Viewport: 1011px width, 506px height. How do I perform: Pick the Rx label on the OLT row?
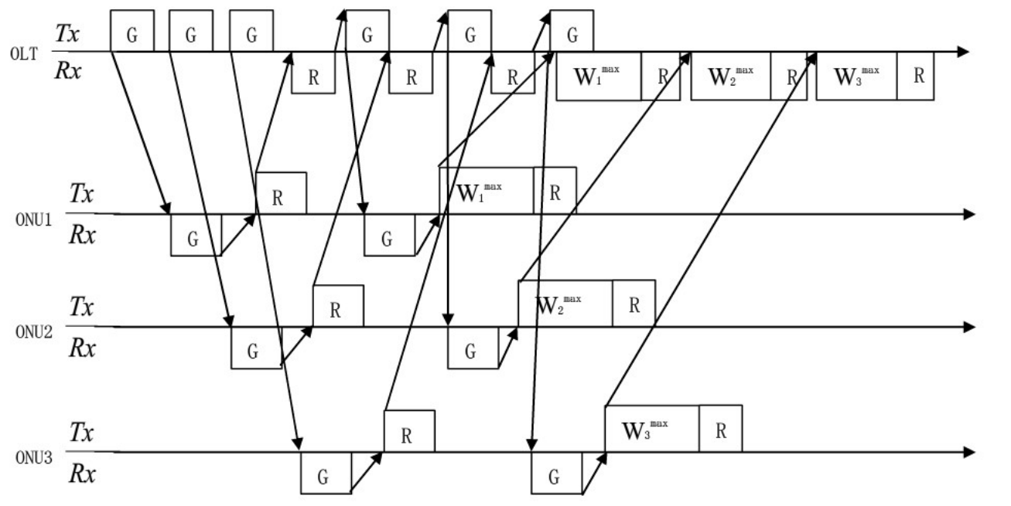click(x=72, y=71)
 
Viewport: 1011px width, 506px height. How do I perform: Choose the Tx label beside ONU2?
click(x=81, y=307)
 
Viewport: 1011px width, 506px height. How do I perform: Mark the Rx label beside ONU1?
click(x=81, y=235)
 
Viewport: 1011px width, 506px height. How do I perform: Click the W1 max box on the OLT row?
click(x=599, y=76)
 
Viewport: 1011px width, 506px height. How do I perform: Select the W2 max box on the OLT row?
click(x=731, y=76)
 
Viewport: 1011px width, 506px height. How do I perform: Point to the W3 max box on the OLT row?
click(x=856, y=76)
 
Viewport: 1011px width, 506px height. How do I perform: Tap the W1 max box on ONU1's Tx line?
click(x=487, y=191)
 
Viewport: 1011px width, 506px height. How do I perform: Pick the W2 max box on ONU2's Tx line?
click(x=565, y=304)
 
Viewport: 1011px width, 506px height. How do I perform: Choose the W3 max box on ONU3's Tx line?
click(x=653, y=429)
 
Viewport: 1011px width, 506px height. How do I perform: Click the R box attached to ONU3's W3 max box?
click(x=721, y=429)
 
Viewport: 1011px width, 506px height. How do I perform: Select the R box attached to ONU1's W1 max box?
click(x=555, y=191)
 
